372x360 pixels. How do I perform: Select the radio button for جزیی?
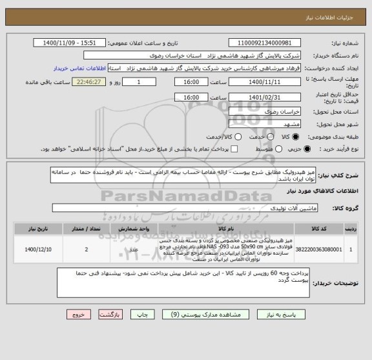pos(296,149)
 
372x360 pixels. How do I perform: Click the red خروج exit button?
pos(76,315)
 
